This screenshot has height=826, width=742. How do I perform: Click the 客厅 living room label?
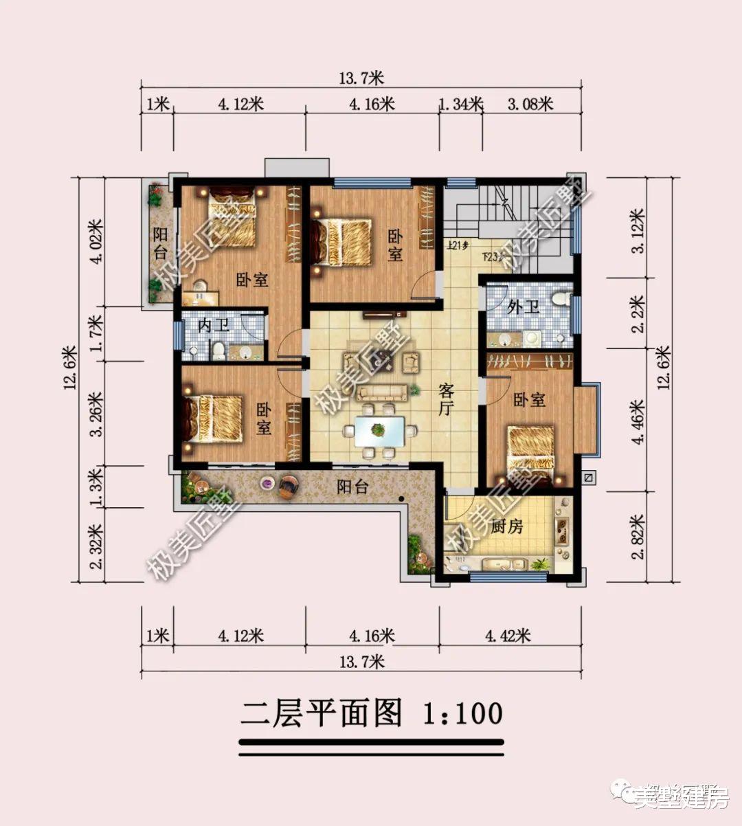pyautogui.click(x=447, y=401)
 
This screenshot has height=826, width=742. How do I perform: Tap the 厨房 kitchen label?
pyautogui.click(x=508, y=527)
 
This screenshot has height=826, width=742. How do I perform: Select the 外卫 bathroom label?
pyautogui.click(x=524, y=306)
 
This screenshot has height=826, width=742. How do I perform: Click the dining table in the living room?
pyautogui.click(x=379, y=432)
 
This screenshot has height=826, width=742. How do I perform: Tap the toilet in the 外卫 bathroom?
pyautogui.click(x=561, y=300)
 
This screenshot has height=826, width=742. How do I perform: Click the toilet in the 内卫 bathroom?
pyautogui.click(x=218, y=350)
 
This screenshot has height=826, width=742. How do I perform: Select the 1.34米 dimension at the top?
pyautogui.click(x=460, y=104)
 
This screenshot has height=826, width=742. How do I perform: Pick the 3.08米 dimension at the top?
pyautogui.click(x=530, y=104)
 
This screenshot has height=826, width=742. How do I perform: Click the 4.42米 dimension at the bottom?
pyautogui.click(x=508, y=636)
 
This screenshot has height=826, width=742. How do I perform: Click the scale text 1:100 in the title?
pyautogui.click(x=462, y=714)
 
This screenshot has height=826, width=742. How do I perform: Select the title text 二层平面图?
pyautogui.click(x=321, y=714)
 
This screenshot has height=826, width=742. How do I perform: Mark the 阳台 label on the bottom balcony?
pyautogui.click(x=352, y=487)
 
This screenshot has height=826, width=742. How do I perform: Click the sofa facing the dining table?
pyautogui.click(x=382, y=392)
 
